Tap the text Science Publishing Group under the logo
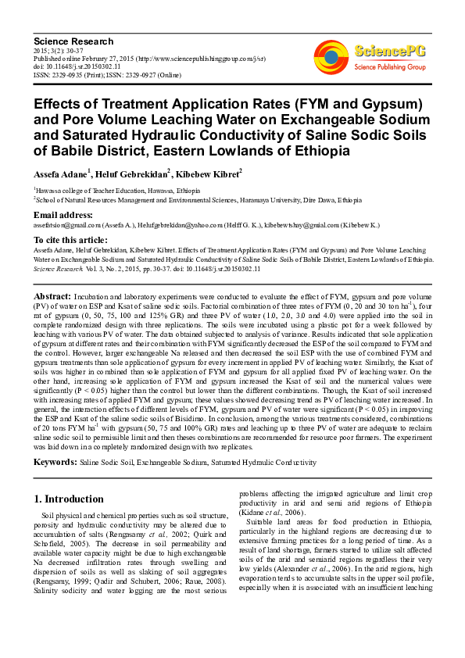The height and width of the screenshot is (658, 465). tap(390, 67)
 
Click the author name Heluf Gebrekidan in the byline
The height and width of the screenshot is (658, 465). tap(133, 173)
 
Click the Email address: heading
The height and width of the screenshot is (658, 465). tap(63, 214)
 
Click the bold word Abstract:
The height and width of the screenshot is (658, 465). tap(52, 298)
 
